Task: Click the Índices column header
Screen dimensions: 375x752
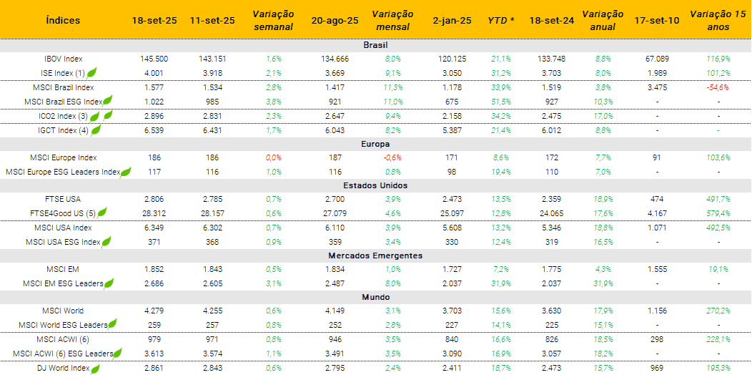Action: point(63,21)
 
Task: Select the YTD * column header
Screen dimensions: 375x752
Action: point(501,21)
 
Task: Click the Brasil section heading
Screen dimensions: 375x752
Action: point(375,45)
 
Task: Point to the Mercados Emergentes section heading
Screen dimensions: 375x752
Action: point(375,255)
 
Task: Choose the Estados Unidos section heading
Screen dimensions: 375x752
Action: point(375,185)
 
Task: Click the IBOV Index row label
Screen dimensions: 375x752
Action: point(63,59)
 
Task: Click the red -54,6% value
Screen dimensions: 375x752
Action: point(718,87)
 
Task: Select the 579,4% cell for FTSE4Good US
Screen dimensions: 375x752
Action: point(718,213)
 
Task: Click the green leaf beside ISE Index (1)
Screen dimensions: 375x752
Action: point(91,72)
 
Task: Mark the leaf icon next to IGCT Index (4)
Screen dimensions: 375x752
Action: point(95,130)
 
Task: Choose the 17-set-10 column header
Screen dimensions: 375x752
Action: point(657,21)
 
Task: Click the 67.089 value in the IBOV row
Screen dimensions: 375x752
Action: point(657,59)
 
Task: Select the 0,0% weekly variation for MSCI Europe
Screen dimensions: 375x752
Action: point(273,157)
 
